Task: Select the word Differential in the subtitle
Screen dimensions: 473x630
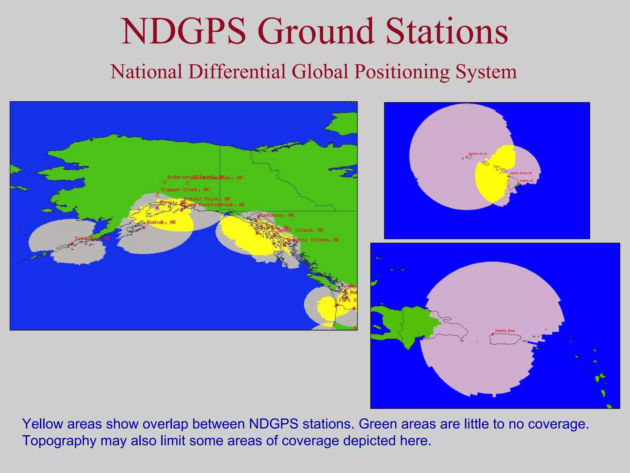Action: (x=237, y=72)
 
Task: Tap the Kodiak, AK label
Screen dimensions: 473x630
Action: (x=161, y=222)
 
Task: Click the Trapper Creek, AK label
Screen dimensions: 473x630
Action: (x=185, y=190)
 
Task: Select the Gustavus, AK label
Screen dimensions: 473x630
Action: (x=276, y=215)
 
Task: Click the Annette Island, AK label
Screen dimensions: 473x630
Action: (x=313, y=240)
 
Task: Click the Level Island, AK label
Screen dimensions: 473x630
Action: (x=300, y=230)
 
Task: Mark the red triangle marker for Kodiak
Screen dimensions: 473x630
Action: (x=144, y=228)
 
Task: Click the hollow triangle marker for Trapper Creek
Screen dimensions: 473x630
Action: (x=157, y=195)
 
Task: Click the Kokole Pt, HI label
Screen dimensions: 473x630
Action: (x=478, y=154)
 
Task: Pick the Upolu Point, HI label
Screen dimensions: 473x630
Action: (x=521, y=173)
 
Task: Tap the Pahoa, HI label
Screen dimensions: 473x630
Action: (x=527, y=181)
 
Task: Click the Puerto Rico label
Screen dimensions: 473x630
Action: (x=505, y=331)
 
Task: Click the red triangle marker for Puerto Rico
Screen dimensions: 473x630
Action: (x=492, y=334)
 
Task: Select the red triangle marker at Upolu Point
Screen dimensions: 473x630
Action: (x=508, y=176)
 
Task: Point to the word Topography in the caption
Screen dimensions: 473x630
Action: (x=59, y=441)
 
